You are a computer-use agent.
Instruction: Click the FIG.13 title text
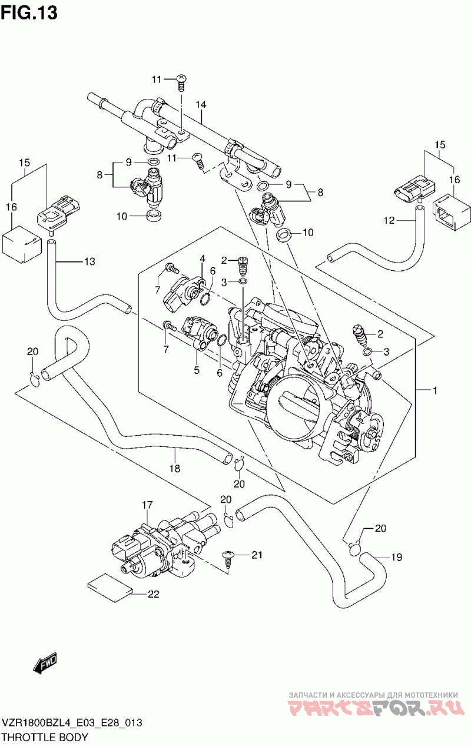pos(29,12)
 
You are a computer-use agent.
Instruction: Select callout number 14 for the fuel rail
pos(201,105)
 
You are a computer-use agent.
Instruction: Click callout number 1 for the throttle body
pos(434,390)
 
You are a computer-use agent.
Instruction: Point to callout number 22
pos(154,594)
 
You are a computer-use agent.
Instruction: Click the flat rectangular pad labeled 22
pos(110,588)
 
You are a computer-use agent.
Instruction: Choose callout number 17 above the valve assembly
pos(147,505)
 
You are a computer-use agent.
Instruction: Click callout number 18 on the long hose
pos(174,469)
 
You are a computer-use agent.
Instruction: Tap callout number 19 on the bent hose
pos(396,557)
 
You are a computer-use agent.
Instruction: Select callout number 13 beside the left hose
pos(89,261)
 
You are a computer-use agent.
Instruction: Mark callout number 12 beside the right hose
pos(389,220)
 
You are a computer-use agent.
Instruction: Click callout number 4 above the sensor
pos(203,258)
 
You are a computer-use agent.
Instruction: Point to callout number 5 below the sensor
pos(197,370)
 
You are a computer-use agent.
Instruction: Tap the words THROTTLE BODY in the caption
pos(45,737)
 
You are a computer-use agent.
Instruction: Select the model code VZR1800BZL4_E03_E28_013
pos(72,722)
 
